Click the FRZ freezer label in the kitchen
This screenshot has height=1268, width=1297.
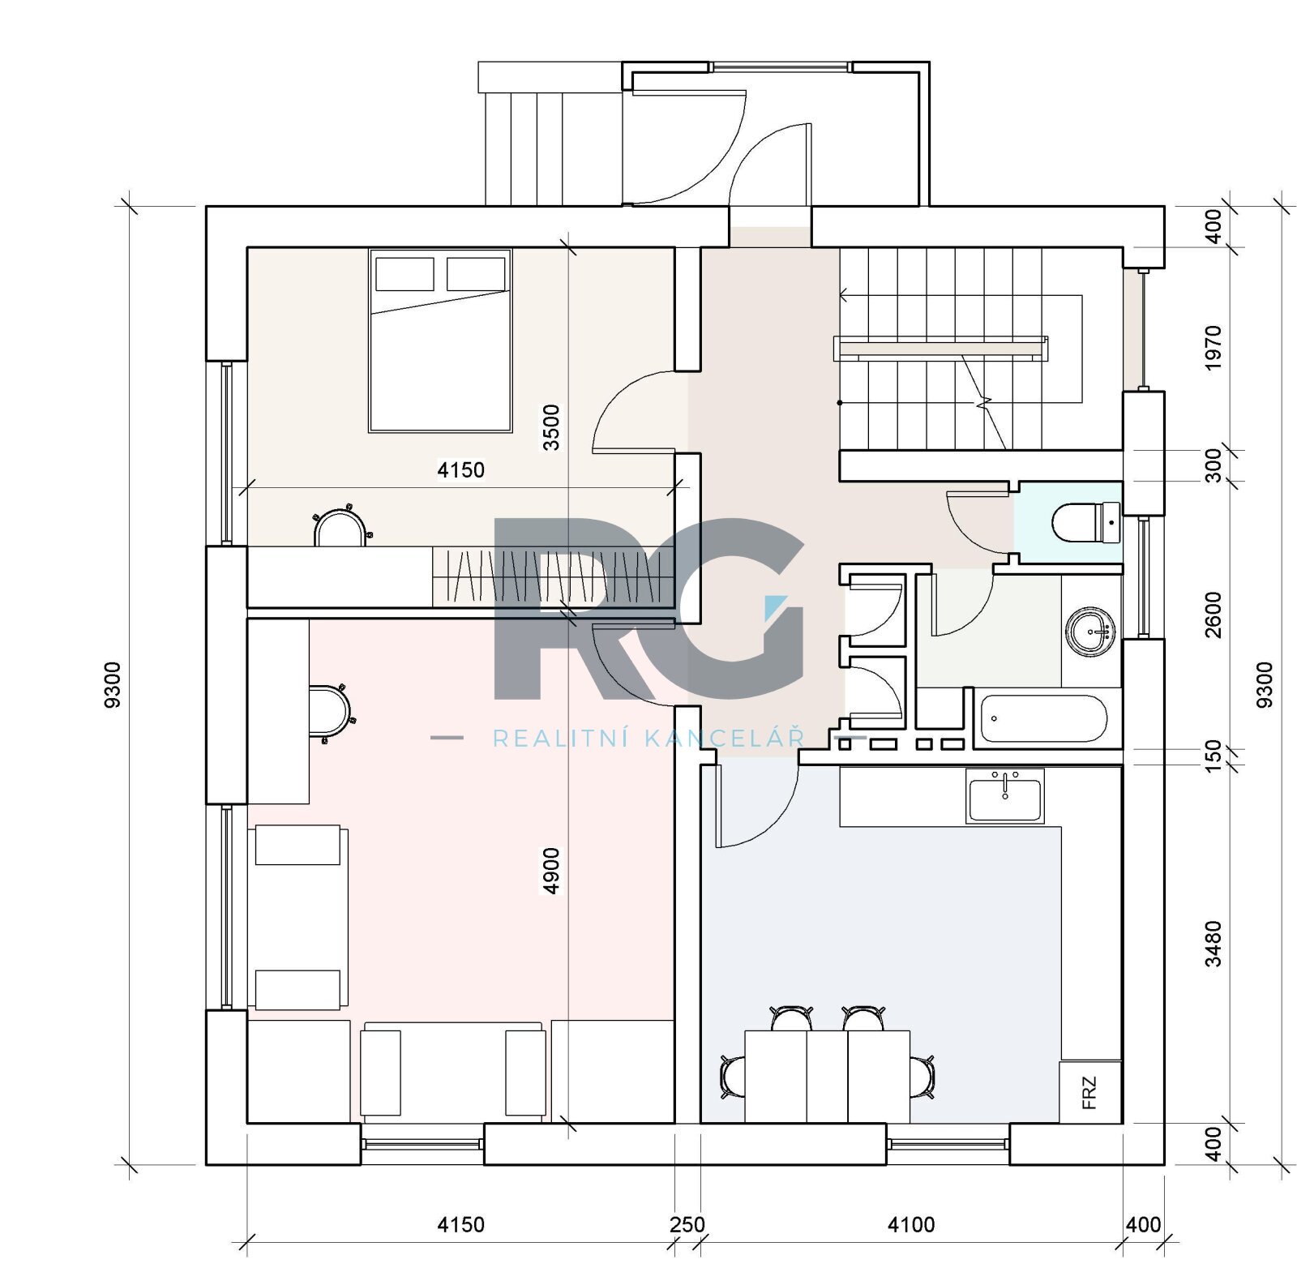click(1089, 1092)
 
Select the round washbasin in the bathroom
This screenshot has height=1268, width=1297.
click(1091, 631)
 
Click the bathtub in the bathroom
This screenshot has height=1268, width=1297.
click(1043, 718)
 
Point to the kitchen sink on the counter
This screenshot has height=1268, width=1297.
click(1004, 795)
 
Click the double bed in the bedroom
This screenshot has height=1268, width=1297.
click(440, 341)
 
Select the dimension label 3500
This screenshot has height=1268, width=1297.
click(551, 427)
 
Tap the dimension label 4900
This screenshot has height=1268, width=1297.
click(551, 871)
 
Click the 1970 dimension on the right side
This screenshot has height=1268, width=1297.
click(1213, 348)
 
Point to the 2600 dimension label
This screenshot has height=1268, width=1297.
click(1213, 615)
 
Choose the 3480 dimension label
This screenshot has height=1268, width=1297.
click(1213, 944)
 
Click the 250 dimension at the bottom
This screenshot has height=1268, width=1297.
click(687, 1223)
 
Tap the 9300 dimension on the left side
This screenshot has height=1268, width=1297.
click(113, 685)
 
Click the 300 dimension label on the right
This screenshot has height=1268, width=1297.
click(1213, 466)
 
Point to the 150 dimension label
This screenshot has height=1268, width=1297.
click(1213, 756)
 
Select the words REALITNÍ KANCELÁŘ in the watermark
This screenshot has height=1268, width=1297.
click(648, 739)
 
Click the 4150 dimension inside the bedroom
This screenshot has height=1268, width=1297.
click(460, 469)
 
